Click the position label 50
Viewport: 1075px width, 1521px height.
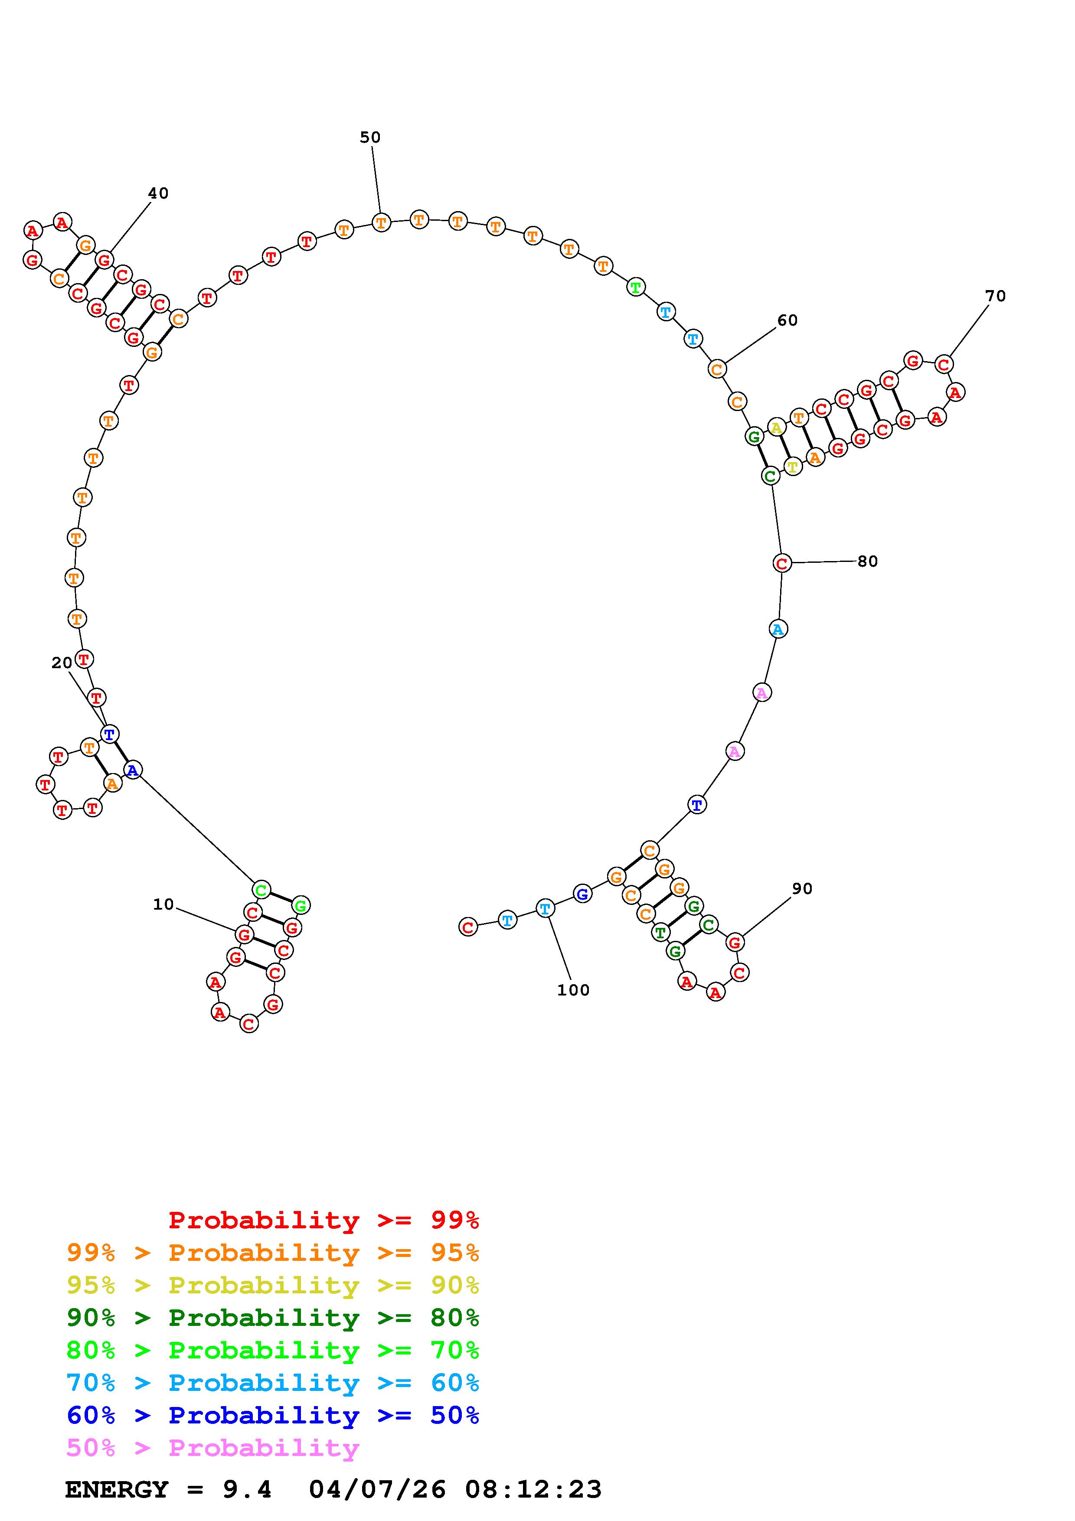point(370,137)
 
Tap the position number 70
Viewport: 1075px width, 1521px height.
point(996,296)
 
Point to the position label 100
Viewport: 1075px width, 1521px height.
point(573,990)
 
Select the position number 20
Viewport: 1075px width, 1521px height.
point(62,663)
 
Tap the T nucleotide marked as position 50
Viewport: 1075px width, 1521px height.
point(381,222)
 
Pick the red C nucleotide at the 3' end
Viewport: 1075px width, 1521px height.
point(468,927)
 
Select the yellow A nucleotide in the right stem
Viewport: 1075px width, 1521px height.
point(776,428)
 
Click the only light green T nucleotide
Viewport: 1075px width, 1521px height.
point(636,287)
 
